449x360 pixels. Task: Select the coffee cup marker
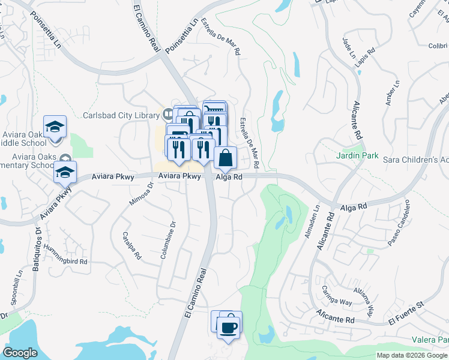[228, 327]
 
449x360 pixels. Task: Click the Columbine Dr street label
[167, 240]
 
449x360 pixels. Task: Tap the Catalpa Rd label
[131, 245]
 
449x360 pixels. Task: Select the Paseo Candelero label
[401, 223]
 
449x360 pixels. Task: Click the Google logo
[20, 352]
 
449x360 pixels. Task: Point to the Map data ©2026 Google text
[411, 355]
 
